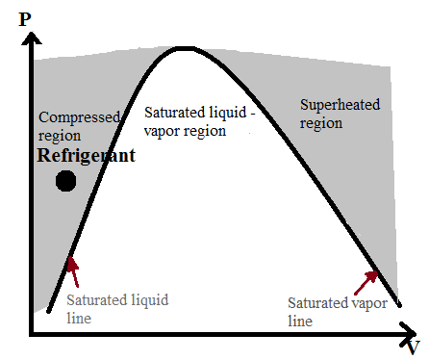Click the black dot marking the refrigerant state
coord(65,181)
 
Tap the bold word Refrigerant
coord(86,155)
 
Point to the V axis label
coord(412,347)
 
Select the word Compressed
coord(79,117)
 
